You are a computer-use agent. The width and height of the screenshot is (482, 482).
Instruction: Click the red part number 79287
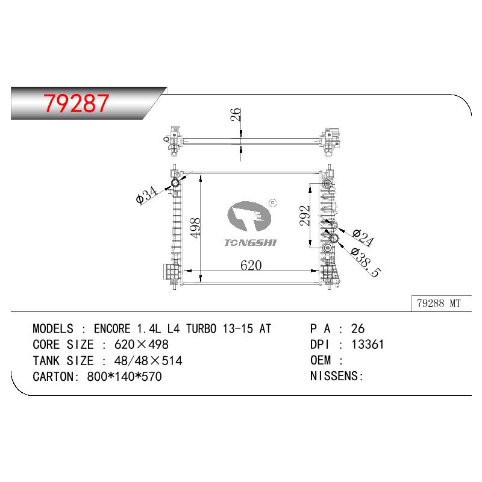(x=76, y=103)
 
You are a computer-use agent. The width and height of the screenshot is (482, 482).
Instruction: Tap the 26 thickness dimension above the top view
(x=236, y=114)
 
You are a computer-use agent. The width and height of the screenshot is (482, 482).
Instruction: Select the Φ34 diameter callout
(x=146, y=195)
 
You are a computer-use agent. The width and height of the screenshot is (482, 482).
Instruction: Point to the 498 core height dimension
(x=195, y=228)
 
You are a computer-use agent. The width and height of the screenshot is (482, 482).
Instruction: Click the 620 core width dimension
(x=251, y=265)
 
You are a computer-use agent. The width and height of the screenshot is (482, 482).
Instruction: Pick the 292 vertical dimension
(x=305, y=216)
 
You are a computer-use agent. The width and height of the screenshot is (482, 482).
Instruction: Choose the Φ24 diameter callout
(x=363, y=237)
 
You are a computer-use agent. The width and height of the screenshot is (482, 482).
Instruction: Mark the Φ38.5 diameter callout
(x=366, y=262)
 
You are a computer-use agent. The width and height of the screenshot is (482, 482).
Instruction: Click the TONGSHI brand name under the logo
(x=251, y=243)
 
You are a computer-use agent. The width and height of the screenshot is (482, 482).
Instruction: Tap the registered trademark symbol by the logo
(x=273, y=203)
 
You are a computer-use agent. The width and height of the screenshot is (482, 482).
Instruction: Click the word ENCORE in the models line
(x=112, y=328)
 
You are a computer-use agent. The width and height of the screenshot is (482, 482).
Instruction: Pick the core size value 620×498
(x=142, y=345)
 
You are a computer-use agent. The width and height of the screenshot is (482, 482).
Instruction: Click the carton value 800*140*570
(x=125, y=377)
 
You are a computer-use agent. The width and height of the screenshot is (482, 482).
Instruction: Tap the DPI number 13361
(x=368, y=345)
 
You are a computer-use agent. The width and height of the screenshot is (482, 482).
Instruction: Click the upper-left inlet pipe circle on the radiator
(x=176, y=183)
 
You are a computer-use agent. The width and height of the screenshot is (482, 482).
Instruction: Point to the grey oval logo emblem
(x=249, y=216)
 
